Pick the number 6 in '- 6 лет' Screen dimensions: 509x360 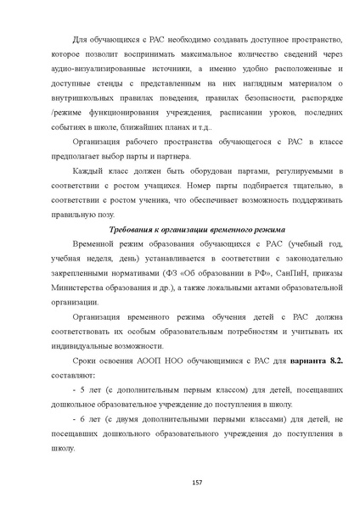(81, 426)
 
